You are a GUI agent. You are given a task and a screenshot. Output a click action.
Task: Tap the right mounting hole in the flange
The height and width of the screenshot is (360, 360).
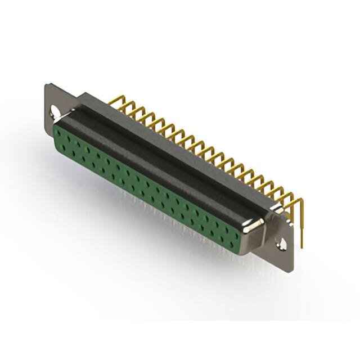click(x=282, y=244)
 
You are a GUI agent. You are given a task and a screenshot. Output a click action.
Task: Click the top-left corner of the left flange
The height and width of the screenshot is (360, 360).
click(x=46, y=85)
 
